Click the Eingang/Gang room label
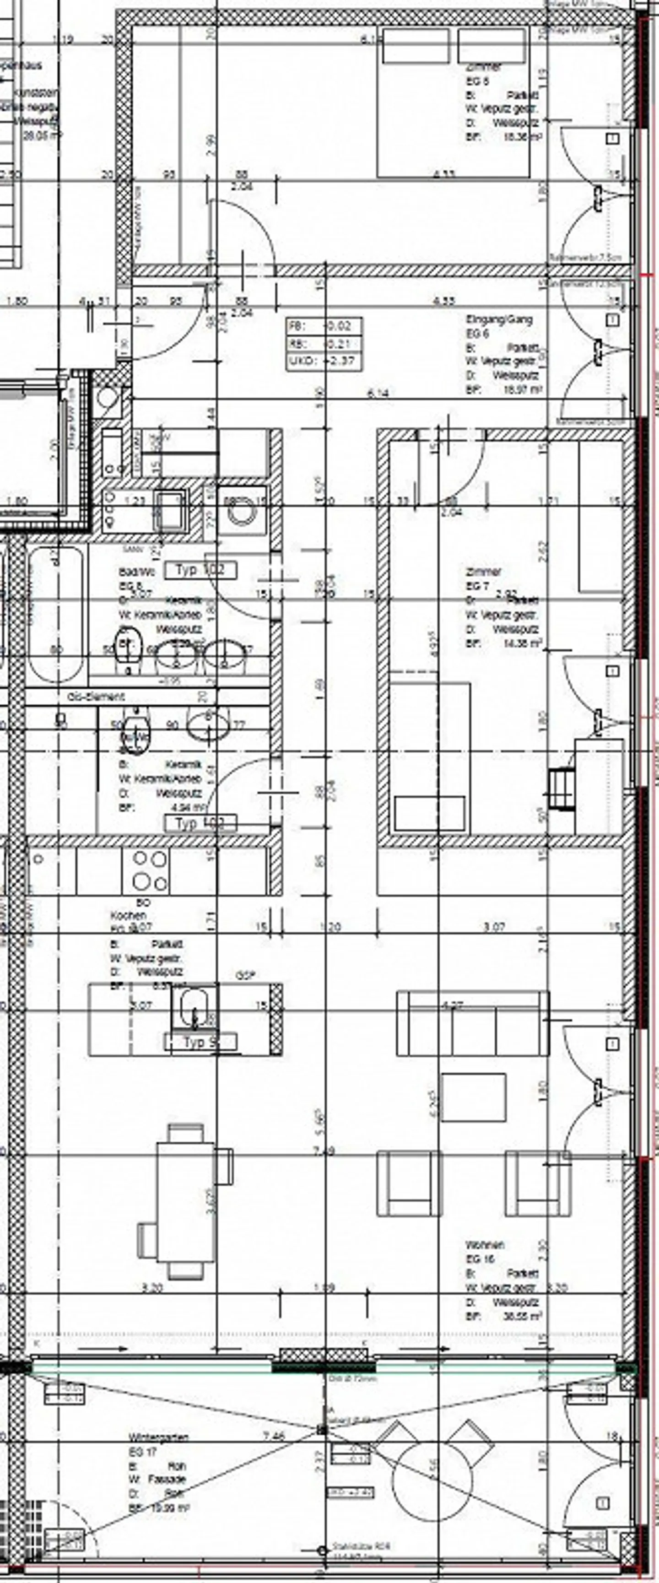(x=498, y=319)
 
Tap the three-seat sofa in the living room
(x=472, y=1022)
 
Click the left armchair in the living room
(x=409, y=1183)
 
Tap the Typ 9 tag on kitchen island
(x=200, y=1042)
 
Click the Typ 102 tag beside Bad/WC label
(x=200, y=570)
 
